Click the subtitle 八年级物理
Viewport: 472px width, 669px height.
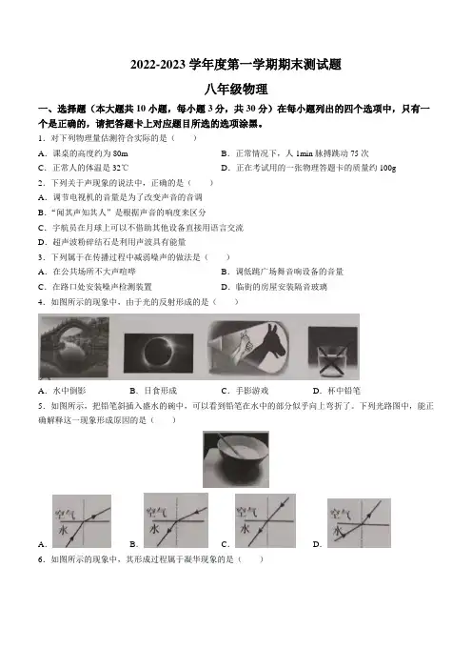[236, 90]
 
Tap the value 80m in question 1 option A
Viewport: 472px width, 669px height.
[121, 153]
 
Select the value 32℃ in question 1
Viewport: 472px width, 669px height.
[121, 168]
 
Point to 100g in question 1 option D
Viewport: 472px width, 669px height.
[387, 168]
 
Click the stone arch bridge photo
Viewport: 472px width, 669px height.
[73, 347]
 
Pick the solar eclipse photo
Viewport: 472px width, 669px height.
[158, 353]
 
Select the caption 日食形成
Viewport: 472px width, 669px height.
[160, 391]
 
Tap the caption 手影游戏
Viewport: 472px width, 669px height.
[252, 391]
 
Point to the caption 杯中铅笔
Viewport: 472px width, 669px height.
[344, 391]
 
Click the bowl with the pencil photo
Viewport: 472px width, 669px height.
[236, 459]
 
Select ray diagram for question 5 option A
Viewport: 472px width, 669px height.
[82, 521]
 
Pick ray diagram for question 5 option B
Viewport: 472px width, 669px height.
[176, 520]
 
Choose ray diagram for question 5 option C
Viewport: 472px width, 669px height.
[265, 520]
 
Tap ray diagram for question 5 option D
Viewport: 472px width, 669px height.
[359, 522]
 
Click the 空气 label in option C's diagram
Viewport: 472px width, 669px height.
[247, 511]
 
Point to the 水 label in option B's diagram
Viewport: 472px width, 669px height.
[154, 529]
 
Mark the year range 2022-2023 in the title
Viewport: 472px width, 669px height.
[158, 65]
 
